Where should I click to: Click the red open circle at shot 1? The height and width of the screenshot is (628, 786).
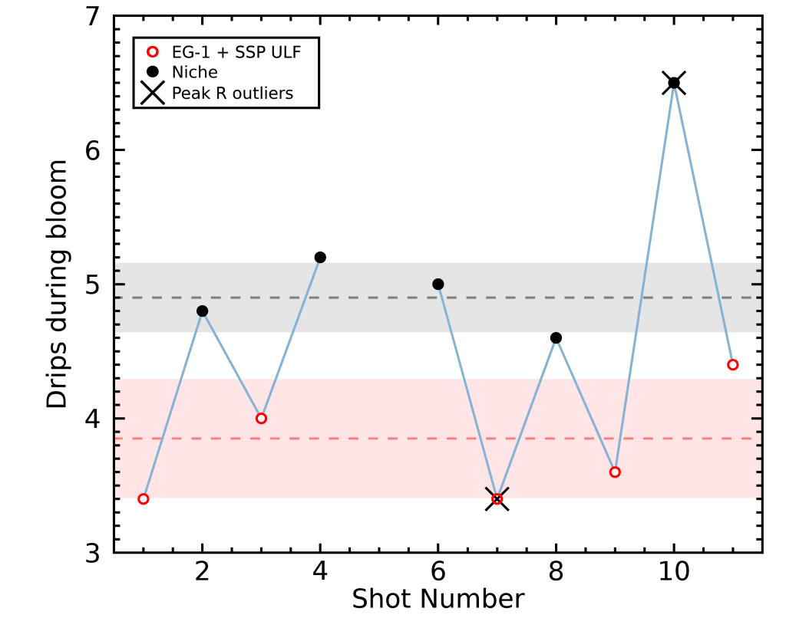tap(144, 498)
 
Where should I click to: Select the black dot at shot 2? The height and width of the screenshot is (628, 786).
tap(203, 311)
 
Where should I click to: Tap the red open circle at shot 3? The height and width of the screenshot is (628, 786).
tap(261, 418)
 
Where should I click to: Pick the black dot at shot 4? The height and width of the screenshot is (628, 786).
tap(320, 257)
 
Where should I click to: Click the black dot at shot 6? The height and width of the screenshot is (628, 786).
tap(438, 284)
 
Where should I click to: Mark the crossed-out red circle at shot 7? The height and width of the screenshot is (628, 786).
tap(497, 498)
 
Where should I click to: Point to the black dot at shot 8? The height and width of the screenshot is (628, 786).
tap(556, 337)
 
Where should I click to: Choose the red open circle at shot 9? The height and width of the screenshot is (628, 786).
tap(615, 472)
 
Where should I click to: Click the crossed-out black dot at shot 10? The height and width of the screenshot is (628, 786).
tap(674, 83)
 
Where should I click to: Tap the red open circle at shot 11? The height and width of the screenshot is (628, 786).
tap(733, 364)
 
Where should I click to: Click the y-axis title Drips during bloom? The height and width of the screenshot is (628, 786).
tap(57, 284)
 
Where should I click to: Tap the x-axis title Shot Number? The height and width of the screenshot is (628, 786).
tap(438, 599)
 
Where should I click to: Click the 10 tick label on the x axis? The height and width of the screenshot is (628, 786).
tap(674, 571)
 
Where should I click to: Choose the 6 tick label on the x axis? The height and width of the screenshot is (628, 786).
tap(438, 571)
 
